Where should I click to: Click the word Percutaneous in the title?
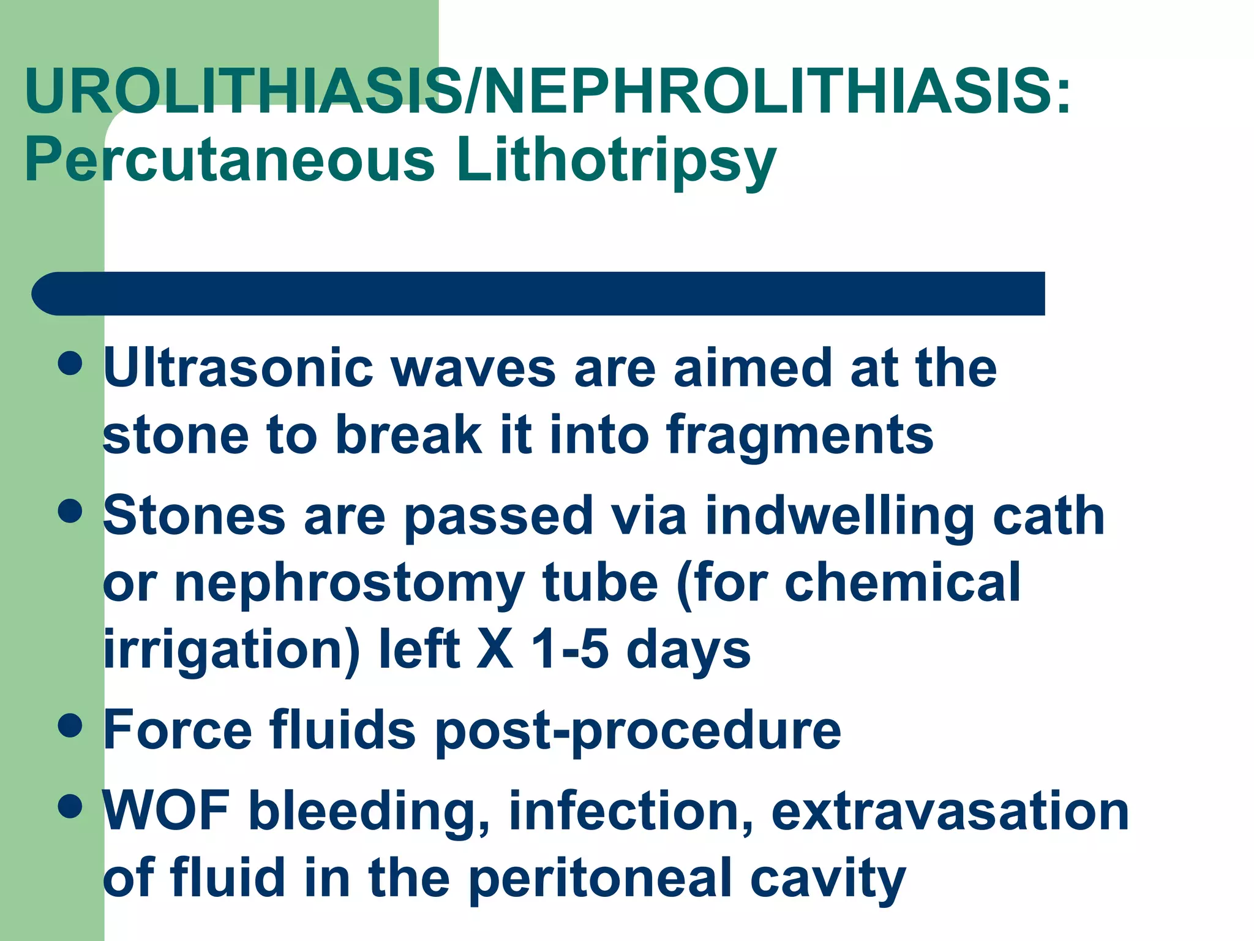230,161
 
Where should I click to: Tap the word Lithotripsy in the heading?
616,161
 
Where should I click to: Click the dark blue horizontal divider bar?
539,293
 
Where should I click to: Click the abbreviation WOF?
167,811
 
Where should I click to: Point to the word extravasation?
950,812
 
